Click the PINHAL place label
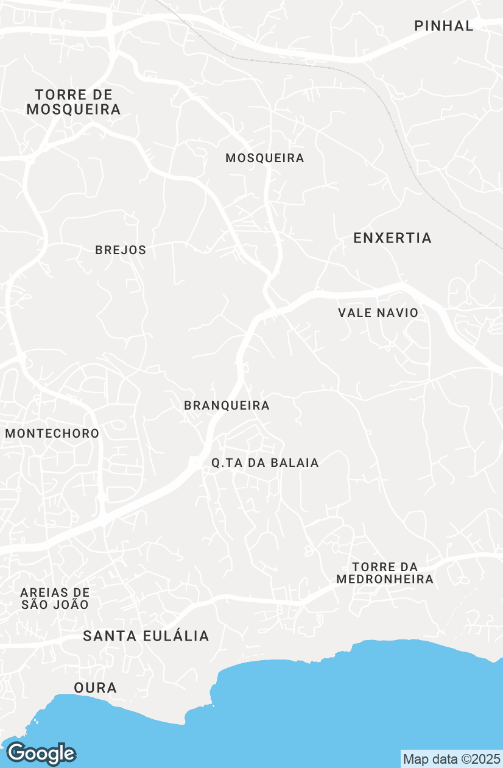(443, 26)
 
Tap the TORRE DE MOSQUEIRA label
(74, 102)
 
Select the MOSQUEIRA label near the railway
(265, 158)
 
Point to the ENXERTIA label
(393, 238)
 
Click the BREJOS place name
(121, 250)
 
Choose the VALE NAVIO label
(378, 313)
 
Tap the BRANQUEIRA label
(227, 405)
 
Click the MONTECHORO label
(52, 433)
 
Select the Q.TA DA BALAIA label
(265, 463)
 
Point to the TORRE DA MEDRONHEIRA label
(385, 573)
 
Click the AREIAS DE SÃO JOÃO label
(55, 599)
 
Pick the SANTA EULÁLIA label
(146, 636)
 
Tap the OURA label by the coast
(95, 688)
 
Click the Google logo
(41, 754)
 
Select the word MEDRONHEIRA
(385, 579)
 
